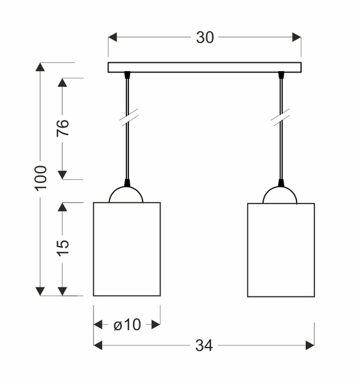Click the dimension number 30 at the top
point(205,38)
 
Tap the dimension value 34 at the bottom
point(204,346)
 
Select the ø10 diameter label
point(127,325)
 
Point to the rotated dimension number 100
point(40,178)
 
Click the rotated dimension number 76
point(63,128)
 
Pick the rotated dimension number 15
point(63,248)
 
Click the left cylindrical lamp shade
point(126,250)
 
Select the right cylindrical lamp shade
point(280,250)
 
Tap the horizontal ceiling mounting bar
point(204,67)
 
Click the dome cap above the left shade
point(126,195)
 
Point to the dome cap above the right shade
point(280,195)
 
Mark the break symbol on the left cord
point(129,117)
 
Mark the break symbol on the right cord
point(280,117)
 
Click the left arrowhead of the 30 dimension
point(112,37)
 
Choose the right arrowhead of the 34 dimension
point(310,345)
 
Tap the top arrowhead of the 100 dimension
point(40,67)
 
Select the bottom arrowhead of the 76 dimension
point(62,175)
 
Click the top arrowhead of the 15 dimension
point(62,207)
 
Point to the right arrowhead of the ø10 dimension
point(156,325)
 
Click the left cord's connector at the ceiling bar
point(127,75)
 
